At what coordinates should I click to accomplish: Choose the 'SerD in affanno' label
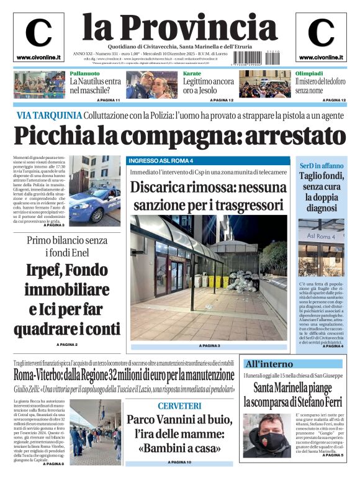click(322, 166)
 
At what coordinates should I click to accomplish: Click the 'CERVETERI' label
click(179, 406)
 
